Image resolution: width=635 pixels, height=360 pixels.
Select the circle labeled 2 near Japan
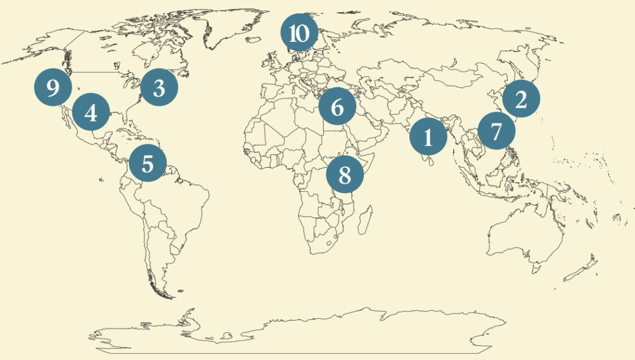coord(521,99)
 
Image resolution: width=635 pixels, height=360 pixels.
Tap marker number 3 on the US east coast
coord(159,87)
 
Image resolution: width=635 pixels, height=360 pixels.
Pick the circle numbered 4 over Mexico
coord(91,112)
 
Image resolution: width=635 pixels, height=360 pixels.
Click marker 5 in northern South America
coord(147,163)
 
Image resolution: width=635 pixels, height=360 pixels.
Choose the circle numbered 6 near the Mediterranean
coord(337,107)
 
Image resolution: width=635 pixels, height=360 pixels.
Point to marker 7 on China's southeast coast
coord(496,131)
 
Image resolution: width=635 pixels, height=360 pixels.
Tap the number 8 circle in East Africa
coord(345,175)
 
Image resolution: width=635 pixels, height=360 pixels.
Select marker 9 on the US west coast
coord(53,87)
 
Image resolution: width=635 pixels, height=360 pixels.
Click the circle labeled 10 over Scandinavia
coord(299,33)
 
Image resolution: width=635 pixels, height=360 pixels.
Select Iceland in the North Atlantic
coord(253,40)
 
